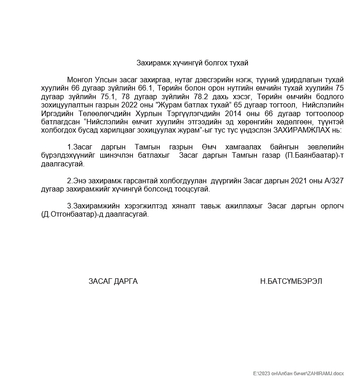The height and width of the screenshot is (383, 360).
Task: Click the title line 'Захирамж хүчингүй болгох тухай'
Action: pyautogui.click(x=192, y=63)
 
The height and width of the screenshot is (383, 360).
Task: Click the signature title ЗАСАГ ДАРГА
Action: pyautogui.click(x=113, y=281)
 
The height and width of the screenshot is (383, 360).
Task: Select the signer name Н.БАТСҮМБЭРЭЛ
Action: pyautogui.click(x=291, y=281)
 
